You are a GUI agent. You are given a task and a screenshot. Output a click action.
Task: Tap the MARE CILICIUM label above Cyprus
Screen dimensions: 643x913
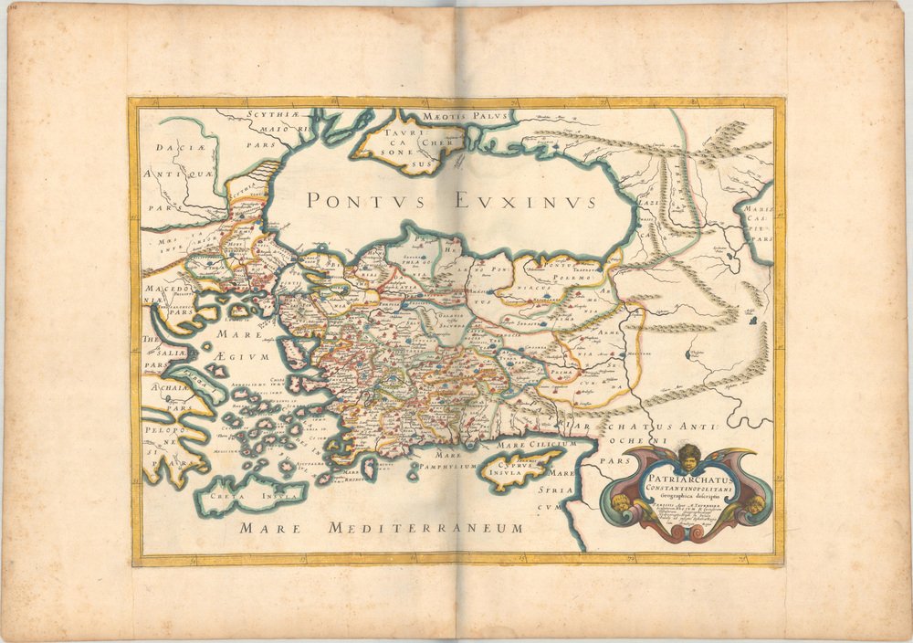[x=540, y=444]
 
